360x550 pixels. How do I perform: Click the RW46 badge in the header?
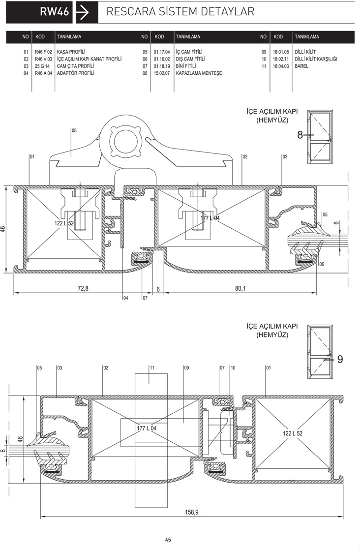pos(39,12)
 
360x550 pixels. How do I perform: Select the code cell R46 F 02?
pos(43,52)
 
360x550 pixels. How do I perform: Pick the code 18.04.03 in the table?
pos(281,66)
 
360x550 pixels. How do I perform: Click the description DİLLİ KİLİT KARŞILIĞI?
pos(316,59)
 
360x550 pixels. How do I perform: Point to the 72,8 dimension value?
pos(83,288)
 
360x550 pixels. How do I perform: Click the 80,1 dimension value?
pos(240,288)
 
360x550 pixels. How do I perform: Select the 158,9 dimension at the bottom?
pos(192,512)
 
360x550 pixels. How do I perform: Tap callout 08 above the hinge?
pos(74,130)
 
